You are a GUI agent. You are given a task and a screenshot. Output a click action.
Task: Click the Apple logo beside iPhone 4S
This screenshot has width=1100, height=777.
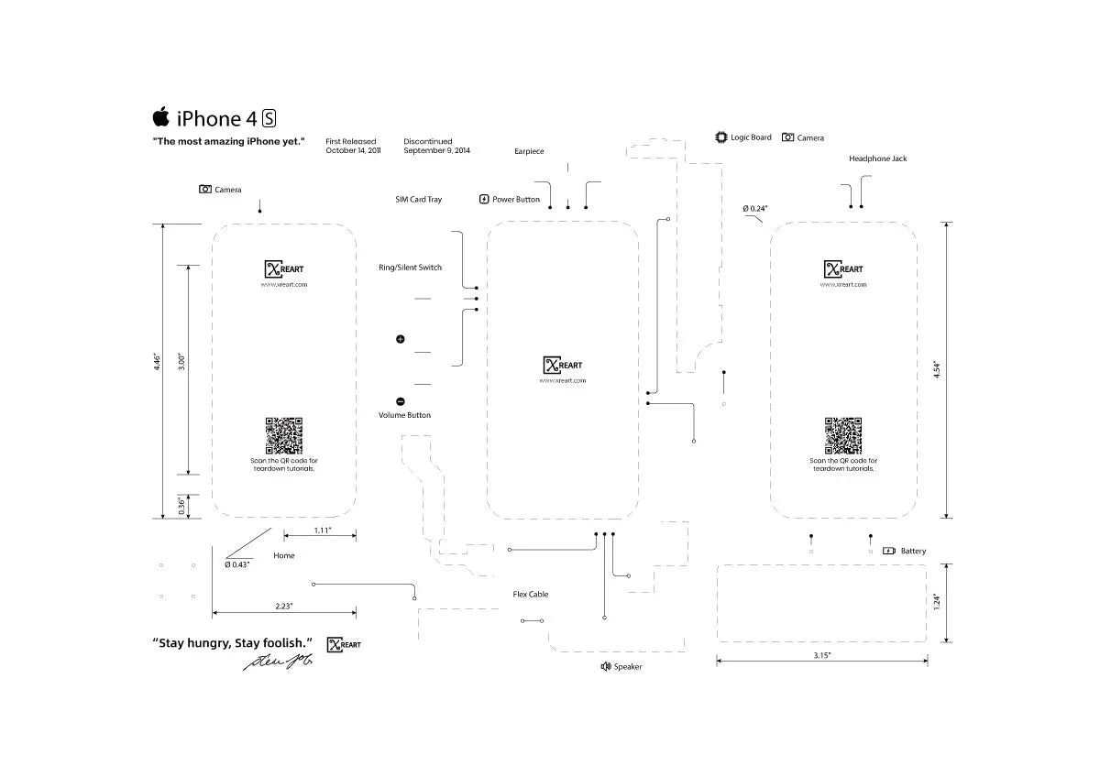[160, 116]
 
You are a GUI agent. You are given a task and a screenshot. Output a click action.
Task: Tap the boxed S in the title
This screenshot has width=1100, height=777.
[269, 118]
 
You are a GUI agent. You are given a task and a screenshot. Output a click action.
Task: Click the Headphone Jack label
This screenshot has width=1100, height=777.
[877, 159]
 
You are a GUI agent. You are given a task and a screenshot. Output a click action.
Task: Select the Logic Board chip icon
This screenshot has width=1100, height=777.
[720, 137]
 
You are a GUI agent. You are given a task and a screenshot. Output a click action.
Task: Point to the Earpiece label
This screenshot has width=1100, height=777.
[529, 151]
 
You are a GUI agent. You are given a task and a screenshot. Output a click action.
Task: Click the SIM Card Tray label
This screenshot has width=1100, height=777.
[418, 199]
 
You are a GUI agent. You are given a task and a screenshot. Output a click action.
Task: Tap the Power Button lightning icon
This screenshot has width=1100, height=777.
[484, 199]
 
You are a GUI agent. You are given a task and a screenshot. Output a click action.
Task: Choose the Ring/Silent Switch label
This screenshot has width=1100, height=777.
[410, 268]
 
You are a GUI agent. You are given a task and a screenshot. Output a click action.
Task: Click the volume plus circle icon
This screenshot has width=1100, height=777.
[401, 340]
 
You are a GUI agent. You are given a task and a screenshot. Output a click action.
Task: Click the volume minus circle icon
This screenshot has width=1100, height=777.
[401, 401]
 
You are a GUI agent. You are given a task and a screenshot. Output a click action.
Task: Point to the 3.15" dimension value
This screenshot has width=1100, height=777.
[822, 655]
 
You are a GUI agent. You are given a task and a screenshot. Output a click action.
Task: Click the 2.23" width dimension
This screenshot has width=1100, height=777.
[284, 606]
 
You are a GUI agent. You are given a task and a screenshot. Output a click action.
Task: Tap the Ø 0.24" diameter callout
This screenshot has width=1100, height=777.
[755, 209]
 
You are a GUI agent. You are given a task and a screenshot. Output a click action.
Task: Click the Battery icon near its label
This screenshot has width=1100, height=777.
[888, 551]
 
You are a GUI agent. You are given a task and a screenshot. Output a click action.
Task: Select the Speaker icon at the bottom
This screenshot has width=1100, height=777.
[605, 666]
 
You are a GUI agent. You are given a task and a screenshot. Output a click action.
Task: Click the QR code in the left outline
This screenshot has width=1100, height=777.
[284, 435]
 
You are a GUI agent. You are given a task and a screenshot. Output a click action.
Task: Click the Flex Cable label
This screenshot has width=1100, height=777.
[531, 595]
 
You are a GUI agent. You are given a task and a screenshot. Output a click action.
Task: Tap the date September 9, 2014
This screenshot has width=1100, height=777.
[436, 150]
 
